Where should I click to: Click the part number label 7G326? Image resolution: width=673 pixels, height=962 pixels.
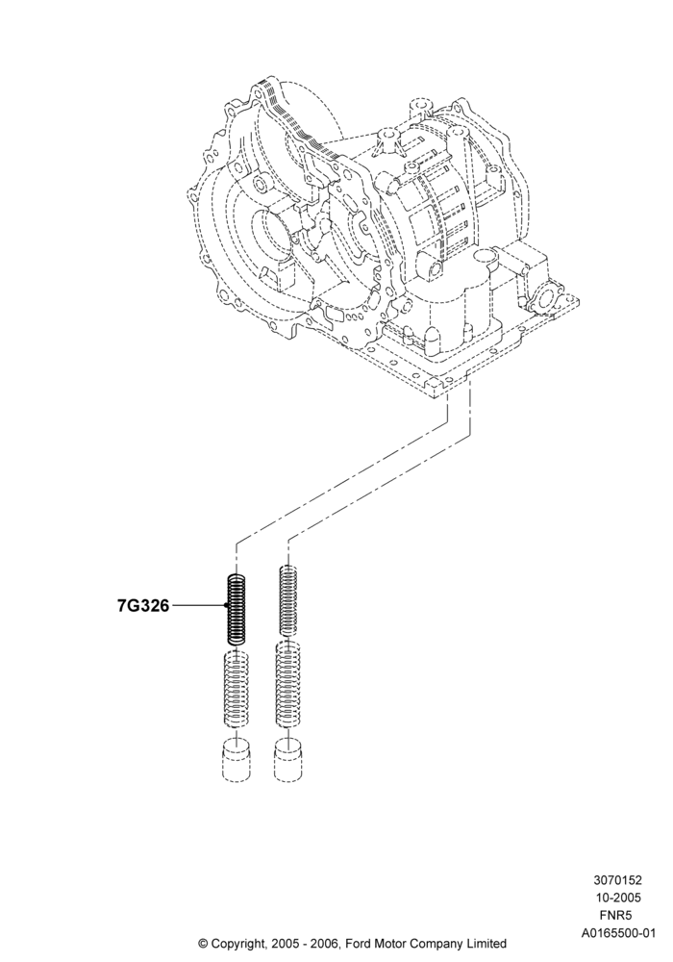coord(143,606)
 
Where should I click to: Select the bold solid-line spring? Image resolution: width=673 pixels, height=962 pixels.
coord(237,608)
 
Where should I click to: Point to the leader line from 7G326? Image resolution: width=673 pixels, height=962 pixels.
coord(199,606)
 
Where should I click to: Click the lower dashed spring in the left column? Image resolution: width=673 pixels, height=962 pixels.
coord(235,689)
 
